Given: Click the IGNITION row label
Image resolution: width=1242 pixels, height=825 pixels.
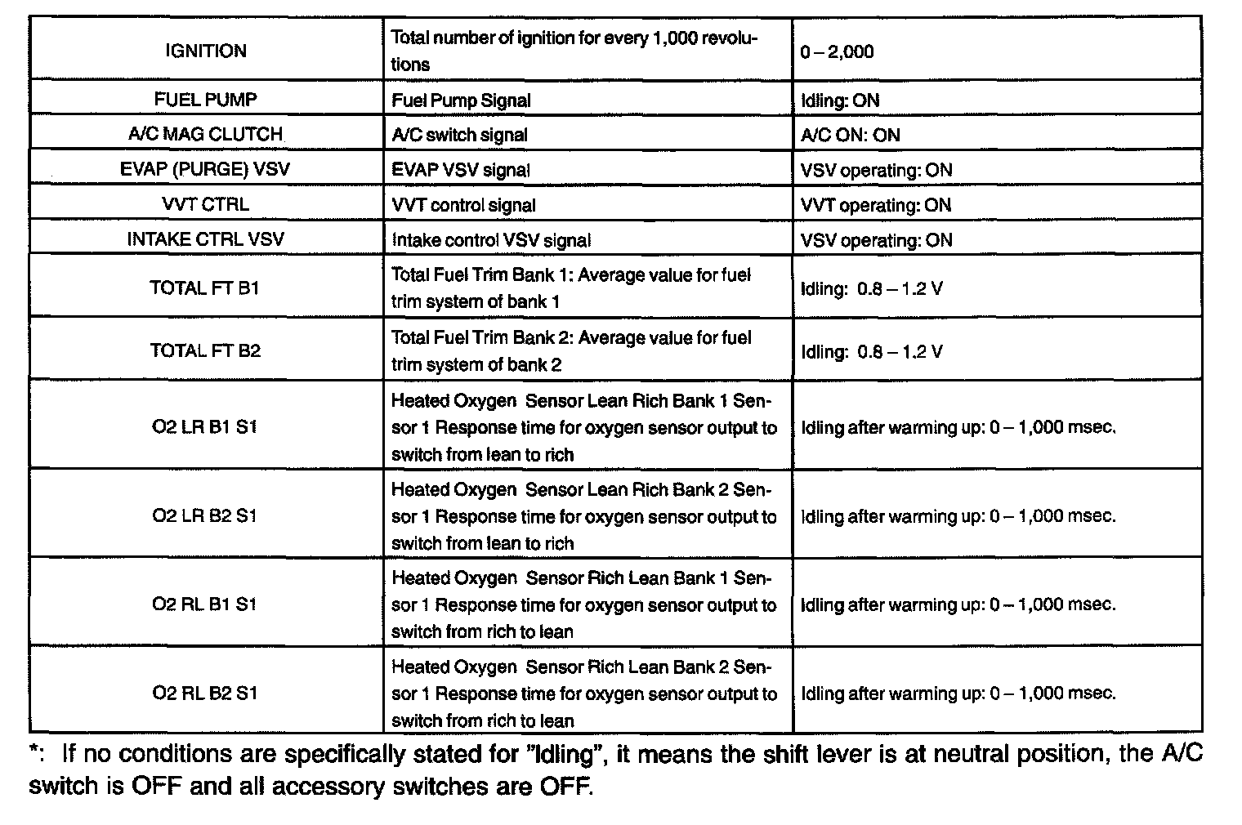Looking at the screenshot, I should [x=205, y=51].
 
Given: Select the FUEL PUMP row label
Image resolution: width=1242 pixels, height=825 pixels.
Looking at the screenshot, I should [x=205, y=100].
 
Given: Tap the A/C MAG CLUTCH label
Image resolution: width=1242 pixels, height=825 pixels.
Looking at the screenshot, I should [x=205, y=135].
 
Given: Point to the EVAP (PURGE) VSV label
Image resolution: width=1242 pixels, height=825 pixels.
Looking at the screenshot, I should [x=205, y=170].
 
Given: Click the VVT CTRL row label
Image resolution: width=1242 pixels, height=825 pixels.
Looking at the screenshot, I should [x=205, y=205].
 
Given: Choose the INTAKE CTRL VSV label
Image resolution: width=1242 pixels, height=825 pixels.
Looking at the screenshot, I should [x=205, y=240].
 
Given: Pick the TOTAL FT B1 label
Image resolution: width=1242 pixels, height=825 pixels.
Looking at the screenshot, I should [x=205, y=288].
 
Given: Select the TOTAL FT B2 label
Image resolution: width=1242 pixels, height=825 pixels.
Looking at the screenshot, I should [x=205, y=350].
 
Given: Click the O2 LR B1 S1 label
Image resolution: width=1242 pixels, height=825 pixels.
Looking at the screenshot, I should [x=205, y=426].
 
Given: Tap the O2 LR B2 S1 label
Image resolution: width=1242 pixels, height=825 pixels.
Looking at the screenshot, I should [x=205, y=515].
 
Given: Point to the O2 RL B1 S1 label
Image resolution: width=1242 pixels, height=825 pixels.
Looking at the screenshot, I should [x=205, y=604].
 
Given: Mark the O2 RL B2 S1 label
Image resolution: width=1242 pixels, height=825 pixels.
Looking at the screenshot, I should [x=205, y=693].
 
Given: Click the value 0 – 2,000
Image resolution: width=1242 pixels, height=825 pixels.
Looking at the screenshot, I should [x=837, y=52].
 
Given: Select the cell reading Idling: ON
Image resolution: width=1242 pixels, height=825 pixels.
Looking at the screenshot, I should [x=840, y=100].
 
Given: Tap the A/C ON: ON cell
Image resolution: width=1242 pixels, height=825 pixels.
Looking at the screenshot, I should [x=850, y=136].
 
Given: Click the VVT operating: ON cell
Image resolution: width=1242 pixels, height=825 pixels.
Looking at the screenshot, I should [x=876, y=205].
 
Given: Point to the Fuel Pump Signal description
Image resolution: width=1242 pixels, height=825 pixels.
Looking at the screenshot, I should [x=461, y=100].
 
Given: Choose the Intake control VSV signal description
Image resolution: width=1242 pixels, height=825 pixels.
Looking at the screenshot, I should [x=490, y=240].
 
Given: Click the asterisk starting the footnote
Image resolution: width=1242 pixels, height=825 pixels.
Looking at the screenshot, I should [x=34, y=751].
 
